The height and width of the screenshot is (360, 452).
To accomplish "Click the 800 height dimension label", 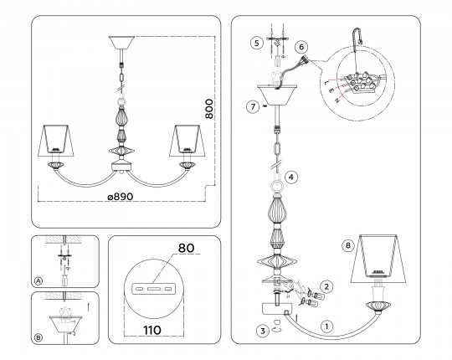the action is (x=209, y=109).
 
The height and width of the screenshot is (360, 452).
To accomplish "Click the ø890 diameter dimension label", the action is (x=121, y=197).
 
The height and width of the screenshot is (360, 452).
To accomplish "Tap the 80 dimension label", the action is (x=186, y=248).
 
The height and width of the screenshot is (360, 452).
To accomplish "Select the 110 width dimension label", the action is (x=152, y=331).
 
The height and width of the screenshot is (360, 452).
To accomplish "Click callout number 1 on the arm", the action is (x=326, y=327).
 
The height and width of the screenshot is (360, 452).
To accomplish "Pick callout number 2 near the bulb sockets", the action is (x=326, y=287).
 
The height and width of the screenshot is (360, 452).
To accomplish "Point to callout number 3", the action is (x=262, y=331).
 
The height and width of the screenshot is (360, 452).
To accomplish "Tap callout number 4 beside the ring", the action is (x=290, y=177).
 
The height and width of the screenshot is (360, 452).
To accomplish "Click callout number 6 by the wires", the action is (x=301, y=47).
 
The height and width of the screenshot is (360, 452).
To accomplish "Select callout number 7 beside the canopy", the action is (x=253, y=107).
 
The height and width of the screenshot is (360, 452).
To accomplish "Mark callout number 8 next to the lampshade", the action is (x=348, y=245).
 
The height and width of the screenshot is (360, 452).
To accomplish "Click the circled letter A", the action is (x=38, y=281).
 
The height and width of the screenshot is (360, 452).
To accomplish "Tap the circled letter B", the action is (x=38, y=337).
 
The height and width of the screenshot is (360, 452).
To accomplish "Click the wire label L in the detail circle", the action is (x=326, y=83).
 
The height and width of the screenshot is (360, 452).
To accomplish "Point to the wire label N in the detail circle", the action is (x=336, y=100).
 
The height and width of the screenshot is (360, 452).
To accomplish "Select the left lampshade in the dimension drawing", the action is (x=56, y=141).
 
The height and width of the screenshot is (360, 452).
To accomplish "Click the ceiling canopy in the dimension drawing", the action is (x=121, y=43).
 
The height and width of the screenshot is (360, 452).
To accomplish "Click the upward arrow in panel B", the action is (x=89, y=306).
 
